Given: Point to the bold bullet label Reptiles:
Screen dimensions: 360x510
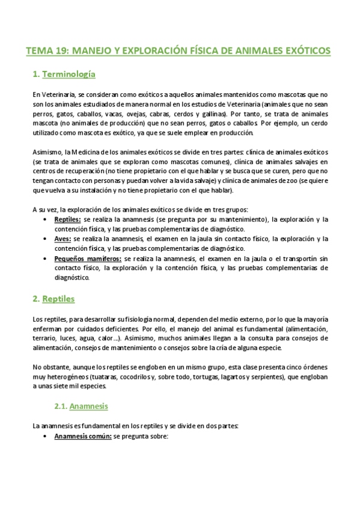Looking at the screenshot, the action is (67, 220).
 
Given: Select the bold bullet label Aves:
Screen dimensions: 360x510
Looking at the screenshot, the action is (63, 239).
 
